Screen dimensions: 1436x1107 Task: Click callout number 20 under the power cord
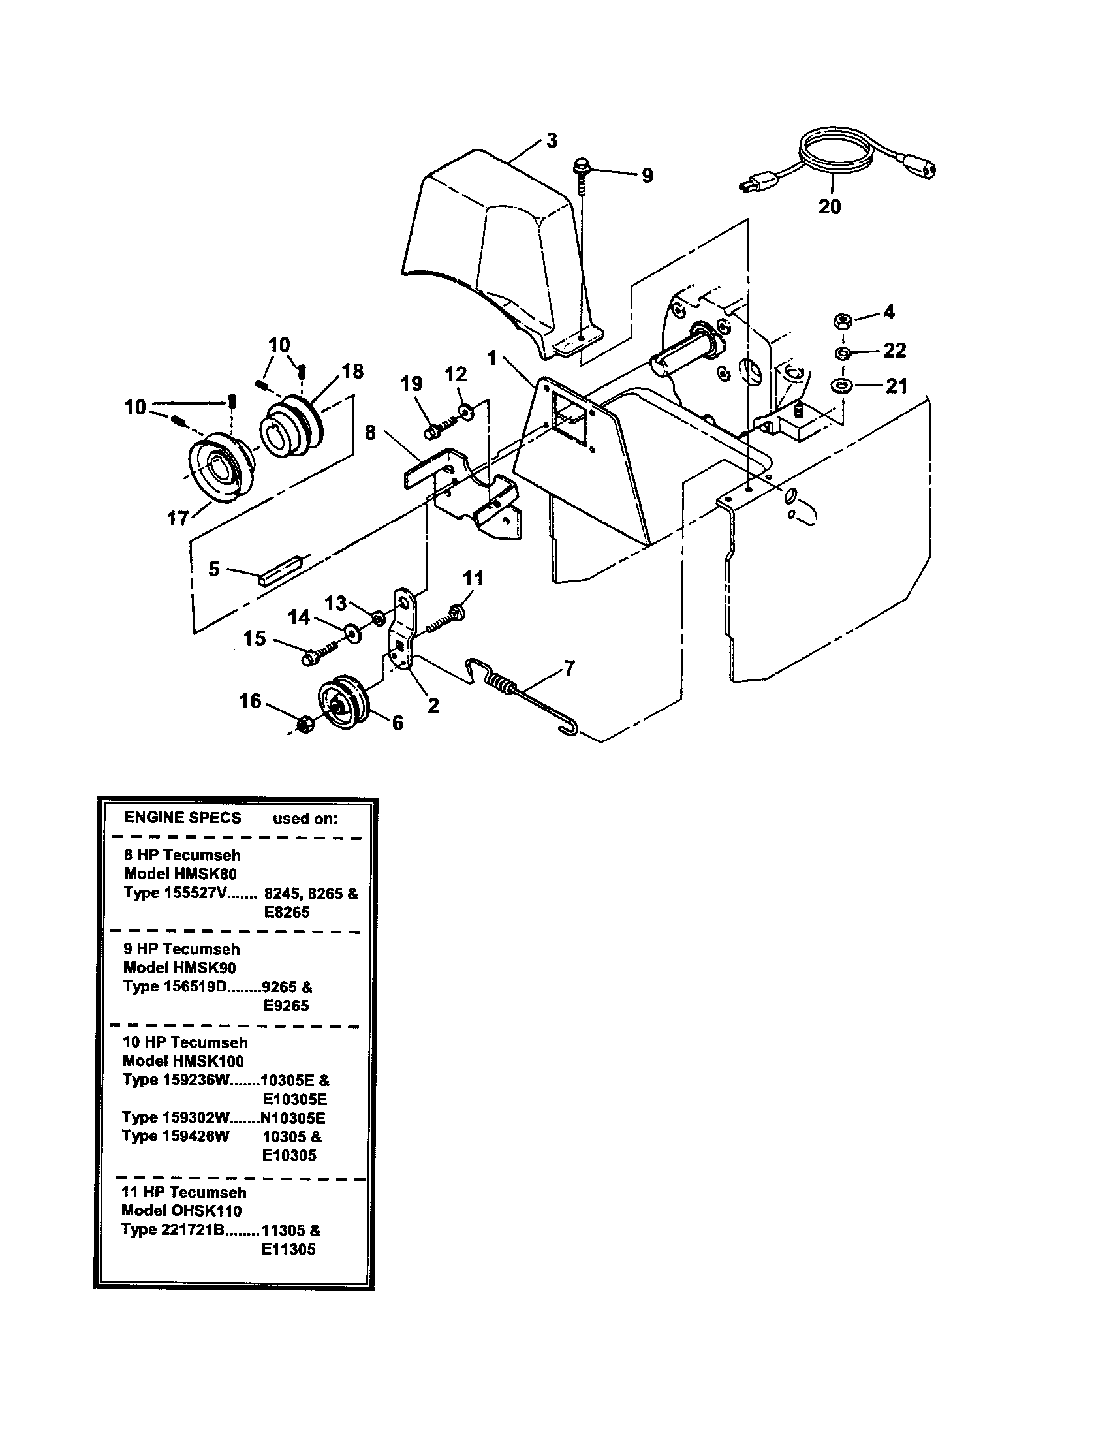[829, 206]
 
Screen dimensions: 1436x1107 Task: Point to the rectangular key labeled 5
[279, 570]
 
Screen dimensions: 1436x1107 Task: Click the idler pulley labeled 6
[344, 702]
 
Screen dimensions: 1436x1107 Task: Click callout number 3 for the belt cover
[552, 140]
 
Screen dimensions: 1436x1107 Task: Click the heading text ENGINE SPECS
[183, 817]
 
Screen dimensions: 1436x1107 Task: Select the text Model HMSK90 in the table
[179, 967]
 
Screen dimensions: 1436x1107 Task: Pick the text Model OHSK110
[181, 1210]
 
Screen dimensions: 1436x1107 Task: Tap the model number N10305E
[292, 1118]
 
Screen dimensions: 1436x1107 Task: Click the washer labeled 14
[352, 632]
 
